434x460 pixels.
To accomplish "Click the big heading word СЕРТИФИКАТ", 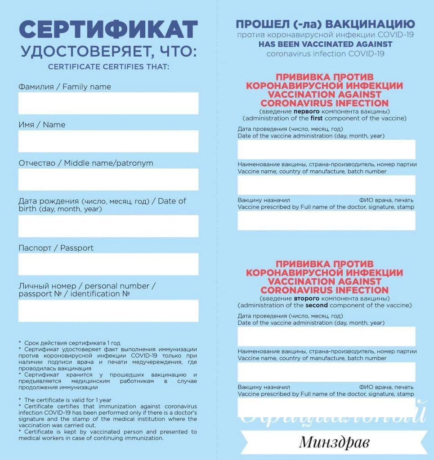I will point(108,30).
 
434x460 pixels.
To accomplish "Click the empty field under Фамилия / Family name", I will point(108,103).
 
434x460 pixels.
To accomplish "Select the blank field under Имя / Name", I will point(108,141).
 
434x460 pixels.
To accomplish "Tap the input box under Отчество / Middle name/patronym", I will point(108,179).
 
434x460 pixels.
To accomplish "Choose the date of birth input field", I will point(108,226).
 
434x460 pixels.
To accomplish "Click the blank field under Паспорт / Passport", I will point(108,264).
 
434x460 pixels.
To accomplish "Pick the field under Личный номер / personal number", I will point(108,311).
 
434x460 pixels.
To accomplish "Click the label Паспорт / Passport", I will point(56,248).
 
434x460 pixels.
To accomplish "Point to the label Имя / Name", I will point(42,125).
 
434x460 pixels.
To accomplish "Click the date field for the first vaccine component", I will point(326,149).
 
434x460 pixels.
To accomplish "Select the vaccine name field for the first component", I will point(326,185).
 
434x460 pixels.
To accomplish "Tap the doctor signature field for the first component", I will point(326,221).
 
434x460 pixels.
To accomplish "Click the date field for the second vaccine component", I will point(326,336).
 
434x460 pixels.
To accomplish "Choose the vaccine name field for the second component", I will point(326,372).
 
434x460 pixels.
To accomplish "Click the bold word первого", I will point(307,111).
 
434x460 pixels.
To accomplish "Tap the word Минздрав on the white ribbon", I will point(334,442).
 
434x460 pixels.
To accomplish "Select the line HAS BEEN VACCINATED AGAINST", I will point(326,44).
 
